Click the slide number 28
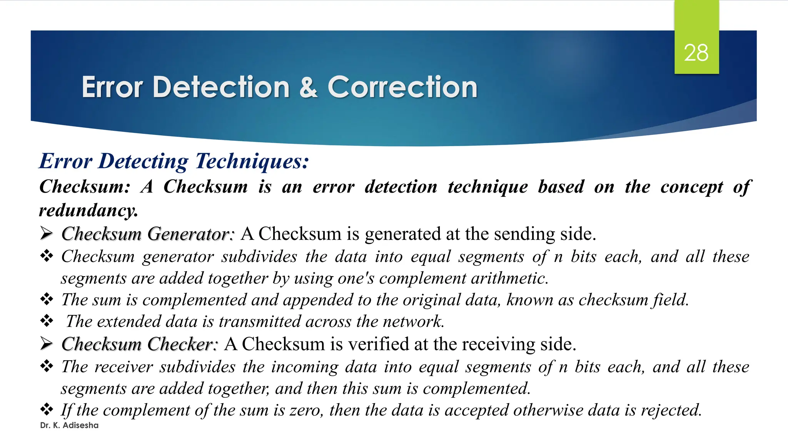tap(696, 53)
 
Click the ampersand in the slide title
tap(308, 87)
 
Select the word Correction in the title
tap(402, 87)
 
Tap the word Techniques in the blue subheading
tap(252, 161)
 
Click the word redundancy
tap(88, 210)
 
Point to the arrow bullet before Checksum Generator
tap(47, 233)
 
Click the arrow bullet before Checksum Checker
tap(47, 343)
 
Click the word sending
tap(524, 234)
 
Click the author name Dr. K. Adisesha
tap(69, 425)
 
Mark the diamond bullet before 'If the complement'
tap(47, 409)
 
